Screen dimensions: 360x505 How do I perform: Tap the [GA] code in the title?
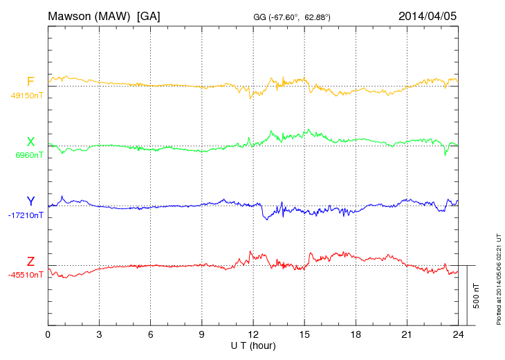point(149,16)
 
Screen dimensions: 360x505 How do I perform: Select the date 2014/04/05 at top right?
point(428,16)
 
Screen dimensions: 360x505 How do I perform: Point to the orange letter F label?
point(30,82)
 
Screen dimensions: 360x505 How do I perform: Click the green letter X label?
point(30,143)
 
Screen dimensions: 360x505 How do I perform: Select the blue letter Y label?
point(30,202)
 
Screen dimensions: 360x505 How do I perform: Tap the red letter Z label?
point(30,262)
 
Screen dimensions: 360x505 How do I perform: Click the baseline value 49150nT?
point(27,96)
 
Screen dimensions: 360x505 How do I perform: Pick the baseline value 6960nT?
point(29,156)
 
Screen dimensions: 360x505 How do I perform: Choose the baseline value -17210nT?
point(26,215)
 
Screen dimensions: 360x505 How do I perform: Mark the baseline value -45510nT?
point(26,275)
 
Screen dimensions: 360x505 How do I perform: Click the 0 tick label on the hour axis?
point(48,335)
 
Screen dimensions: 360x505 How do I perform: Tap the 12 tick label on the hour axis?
point(253,335)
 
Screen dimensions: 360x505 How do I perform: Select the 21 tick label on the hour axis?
point(407,335)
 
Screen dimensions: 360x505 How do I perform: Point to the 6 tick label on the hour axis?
point(151,335)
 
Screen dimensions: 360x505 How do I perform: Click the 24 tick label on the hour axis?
point(458,335)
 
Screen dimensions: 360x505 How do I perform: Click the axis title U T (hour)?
point(253,345)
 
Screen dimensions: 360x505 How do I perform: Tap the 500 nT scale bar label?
point(477,296)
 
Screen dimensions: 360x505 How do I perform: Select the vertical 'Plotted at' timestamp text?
point(498,278)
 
